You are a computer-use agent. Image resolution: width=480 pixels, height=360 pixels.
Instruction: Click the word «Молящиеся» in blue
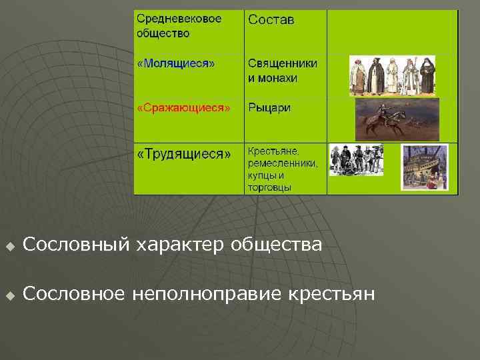pyautogui.click(x=176, y=64)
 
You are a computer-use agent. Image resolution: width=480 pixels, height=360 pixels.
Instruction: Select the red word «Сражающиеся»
pyautogui.click(x=183, y=108)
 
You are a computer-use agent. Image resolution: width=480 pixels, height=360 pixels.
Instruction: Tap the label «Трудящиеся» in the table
pyautogui.click(x=183, y=154)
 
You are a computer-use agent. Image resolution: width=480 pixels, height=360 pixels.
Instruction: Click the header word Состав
pyautogui.click(x=271, y=20)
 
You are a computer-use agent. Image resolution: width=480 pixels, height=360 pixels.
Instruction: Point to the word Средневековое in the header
pyautogui.click(x=179, y=18)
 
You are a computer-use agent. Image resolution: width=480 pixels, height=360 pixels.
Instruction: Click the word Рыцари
pyautogui.click(x=269, y=108)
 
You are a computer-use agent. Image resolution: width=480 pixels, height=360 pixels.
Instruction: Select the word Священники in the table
pyautogui.click(x=283, y=63)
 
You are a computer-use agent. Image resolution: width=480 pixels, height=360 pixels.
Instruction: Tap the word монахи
pyautogui.click(x=280, y=78)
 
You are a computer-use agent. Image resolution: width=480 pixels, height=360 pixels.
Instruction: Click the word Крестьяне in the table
pyautogui.click(x=274, y=151)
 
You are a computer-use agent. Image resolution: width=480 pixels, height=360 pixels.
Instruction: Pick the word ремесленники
pyautogui.click(x=283, y=163)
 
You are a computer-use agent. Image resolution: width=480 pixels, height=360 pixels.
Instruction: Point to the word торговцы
pyautogui.click(x=269, y=188)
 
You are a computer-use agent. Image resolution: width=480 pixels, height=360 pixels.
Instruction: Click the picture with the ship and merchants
pyautogui.click(x=425, y=167)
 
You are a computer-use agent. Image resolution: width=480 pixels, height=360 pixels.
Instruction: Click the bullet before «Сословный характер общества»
pyautogui.click(x=9, y=246)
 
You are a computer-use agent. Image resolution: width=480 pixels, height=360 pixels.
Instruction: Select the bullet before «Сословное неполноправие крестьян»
pyautogui.click(x=9, y=295)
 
